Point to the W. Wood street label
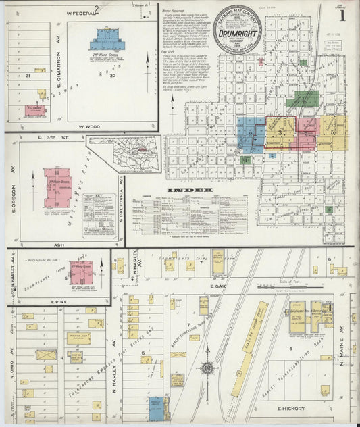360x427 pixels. [88, 126]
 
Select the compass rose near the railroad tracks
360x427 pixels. [208, 368]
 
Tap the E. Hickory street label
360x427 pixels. [292, 408]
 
